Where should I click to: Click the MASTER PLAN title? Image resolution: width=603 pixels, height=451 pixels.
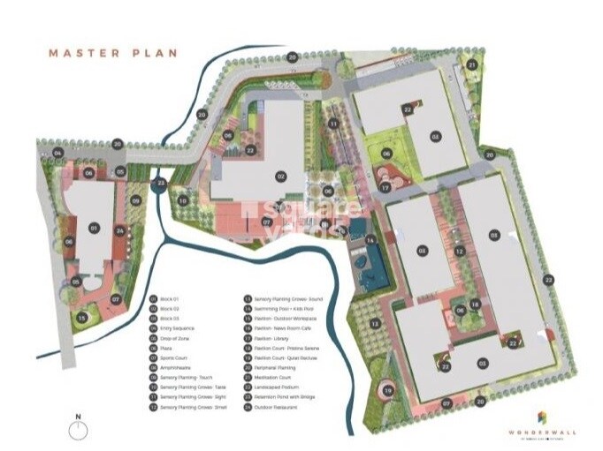tap(112, 52)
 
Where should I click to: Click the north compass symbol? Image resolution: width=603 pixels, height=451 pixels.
tap(80, 429)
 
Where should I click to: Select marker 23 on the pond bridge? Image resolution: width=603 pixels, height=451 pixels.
tap(160, 183)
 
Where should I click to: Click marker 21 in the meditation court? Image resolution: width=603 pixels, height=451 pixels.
tap(472, 65)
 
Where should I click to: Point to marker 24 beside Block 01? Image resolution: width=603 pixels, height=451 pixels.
tap(119, 231)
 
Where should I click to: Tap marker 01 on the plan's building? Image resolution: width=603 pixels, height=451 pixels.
tap(93, 228)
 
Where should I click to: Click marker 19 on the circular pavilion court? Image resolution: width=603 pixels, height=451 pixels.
tap(387, 390)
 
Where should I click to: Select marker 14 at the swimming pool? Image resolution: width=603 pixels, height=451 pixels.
tap(371, 240)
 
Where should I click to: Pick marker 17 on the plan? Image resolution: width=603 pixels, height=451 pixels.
tap(385, 186)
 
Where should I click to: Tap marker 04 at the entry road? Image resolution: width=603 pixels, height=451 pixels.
tap(57, 153)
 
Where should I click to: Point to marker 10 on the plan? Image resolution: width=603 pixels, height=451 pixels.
tap(183, 200)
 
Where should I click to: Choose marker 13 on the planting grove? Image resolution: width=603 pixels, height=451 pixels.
tap(374, 324)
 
